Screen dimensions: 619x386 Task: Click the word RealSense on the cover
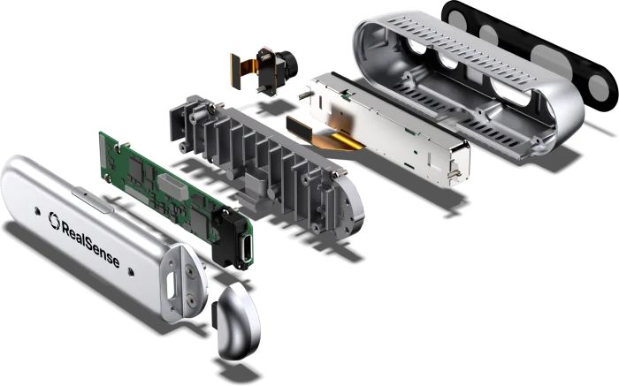(90, 241)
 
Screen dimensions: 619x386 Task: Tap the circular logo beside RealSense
(54, 221)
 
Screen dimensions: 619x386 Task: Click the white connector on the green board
(172, 185)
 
